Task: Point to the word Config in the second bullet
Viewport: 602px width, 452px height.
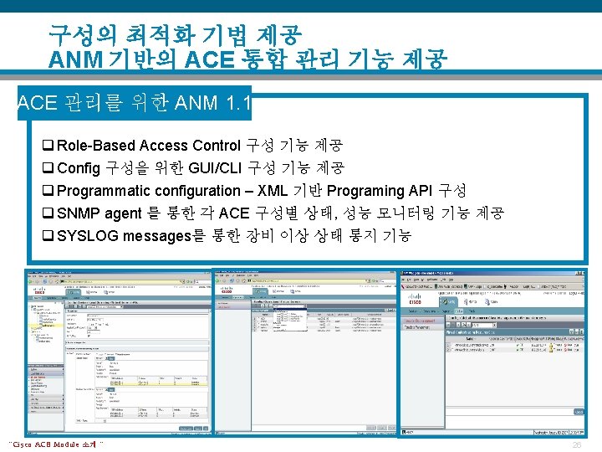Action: pyautogui.click(x=80, y=168)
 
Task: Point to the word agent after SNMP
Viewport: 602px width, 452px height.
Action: pyautogui.click(x=125, y=213)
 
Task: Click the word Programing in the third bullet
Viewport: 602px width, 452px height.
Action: pyautogui.click(x=365, y=191)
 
